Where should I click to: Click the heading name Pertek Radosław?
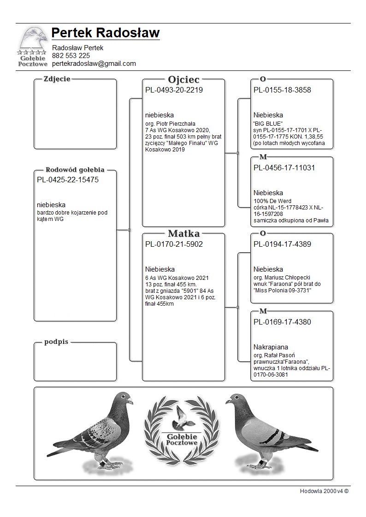106,33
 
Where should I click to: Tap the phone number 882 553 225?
71,56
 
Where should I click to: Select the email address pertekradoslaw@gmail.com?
94,64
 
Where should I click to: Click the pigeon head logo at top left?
32,39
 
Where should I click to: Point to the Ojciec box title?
184,79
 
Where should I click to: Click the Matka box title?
184,233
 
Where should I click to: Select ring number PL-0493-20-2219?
174,90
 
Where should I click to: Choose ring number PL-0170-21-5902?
174,244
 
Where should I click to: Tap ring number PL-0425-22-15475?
68,180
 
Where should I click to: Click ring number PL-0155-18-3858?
282,90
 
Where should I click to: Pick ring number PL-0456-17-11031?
284,168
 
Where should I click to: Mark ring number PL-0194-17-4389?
282,244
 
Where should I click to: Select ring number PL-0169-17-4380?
282,322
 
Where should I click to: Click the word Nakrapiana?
271,347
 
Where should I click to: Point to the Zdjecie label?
57,79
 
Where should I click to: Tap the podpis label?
57,342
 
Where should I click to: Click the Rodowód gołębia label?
75,169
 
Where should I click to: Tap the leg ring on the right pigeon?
262,461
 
